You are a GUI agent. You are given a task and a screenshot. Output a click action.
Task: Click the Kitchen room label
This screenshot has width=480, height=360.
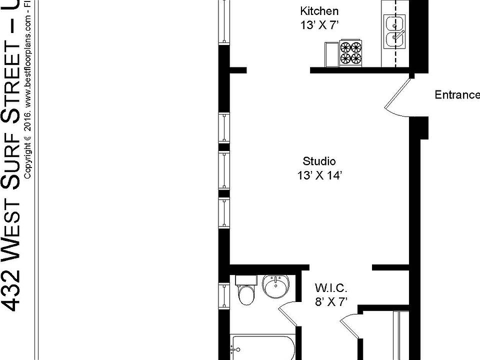[319, 11]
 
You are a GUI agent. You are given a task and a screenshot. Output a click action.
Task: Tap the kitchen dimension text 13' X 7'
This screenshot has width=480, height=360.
[319, 25]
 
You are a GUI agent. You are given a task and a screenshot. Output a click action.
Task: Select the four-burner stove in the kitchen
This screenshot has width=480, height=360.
[350, 53]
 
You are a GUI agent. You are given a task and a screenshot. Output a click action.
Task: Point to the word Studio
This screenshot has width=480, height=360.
[319, 161]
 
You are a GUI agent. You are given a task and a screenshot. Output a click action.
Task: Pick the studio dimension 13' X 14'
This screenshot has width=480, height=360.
[319, 175]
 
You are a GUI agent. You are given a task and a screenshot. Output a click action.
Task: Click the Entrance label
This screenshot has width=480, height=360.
[456, 95]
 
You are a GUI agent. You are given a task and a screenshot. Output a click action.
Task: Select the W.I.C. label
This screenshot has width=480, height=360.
[331, 288]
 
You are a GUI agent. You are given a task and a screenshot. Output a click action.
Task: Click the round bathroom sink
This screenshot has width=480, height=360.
[275, 287]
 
